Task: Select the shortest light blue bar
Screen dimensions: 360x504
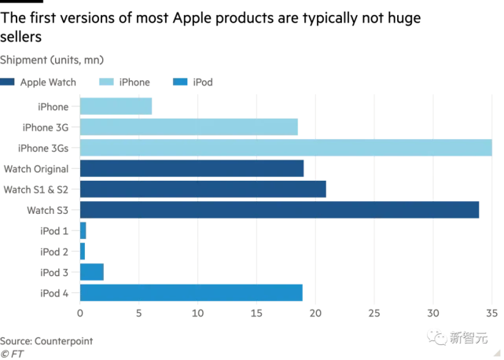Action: pos(117,105)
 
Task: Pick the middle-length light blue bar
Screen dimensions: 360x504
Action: pos(190,126)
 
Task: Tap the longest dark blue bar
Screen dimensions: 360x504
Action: pos(281,210)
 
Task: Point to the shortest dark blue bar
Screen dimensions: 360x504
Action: pos(193,168)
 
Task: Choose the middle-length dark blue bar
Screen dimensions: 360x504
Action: pos(203,189)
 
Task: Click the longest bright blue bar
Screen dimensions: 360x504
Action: pos(193,292)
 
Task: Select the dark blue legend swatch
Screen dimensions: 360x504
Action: pos(9,82)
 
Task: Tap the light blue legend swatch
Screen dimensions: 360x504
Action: pos(105,82)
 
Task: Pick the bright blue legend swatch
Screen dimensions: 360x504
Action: pos(178,82)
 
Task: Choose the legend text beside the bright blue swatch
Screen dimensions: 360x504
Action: pos(202,82)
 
